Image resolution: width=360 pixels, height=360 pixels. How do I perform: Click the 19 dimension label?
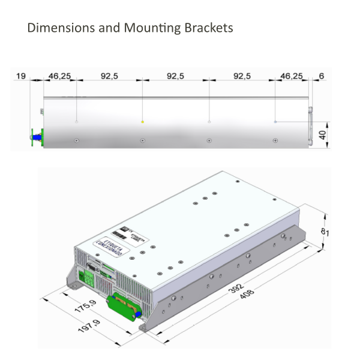tap(22, 76)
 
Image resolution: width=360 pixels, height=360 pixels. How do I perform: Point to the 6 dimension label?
tap(322, 76)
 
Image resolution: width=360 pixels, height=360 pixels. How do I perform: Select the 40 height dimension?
tap(322, 134)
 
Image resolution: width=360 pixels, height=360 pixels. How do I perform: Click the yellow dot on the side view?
tap(142, 122)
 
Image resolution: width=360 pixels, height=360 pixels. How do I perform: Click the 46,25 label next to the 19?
tap(59, 76)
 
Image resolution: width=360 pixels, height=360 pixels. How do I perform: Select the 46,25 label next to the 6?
tap(292, 76)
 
